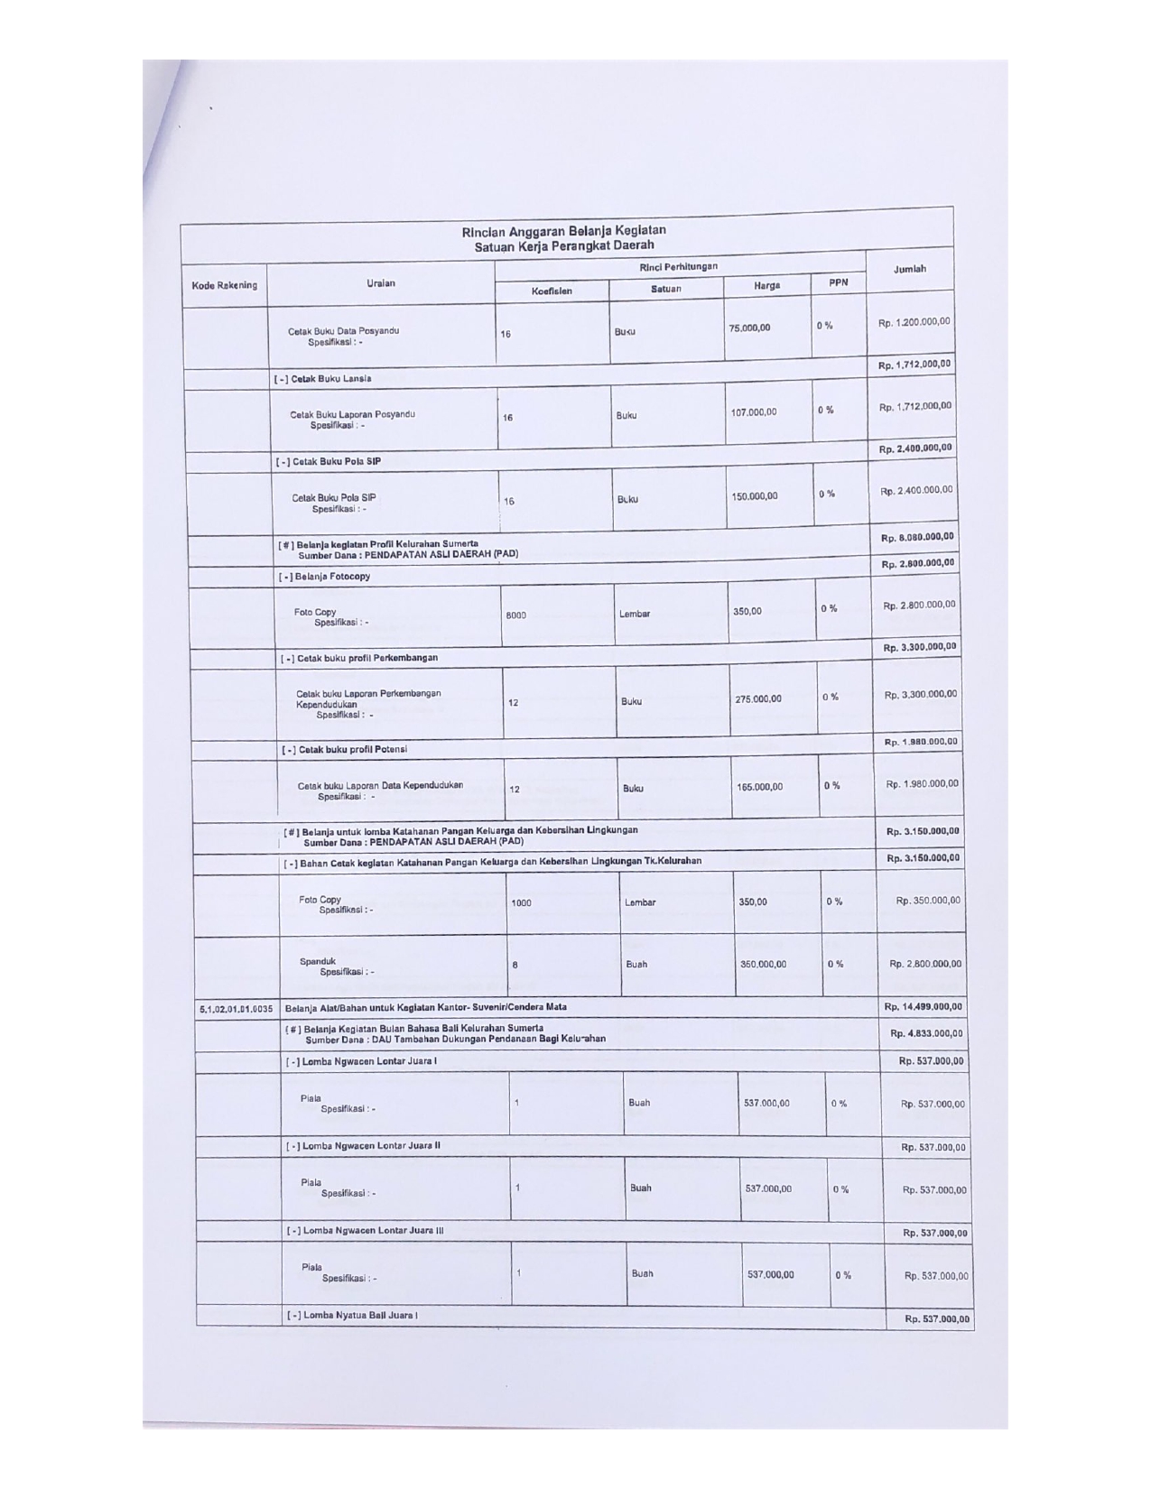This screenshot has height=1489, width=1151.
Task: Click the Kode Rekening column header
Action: pos(224,285)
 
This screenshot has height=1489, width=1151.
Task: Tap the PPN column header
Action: pos(838,282)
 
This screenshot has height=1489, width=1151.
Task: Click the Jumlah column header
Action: pos(909,269)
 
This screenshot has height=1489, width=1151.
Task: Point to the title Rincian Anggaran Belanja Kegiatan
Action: pos(564,231)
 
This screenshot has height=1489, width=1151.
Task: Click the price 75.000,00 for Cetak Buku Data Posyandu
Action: pos(749,328)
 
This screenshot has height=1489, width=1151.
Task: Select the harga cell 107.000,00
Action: pos(753,412)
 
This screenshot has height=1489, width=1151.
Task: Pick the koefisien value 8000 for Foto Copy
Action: pos(515,615)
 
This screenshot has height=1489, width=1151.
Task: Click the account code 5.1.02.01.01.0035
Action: pos(235,1007)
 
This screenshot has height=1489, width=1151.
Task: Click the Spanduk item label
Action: pos(318,961)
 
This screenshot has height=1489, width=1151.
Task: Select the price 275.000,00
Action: pos(758,699)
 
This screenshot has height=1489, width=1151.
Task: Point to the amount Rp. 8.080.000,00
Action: pos(917,538)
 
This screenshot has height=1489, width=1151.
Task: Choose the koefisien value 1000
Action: pos(521,902)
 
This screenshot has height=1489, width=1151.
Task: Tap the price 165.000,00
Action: pos(759,787)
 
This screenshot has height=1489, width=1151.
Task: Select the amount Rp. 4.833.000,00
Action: pos(926,1033)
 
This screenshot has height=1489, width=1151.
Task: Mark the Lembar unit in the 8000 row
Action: pos(635,614)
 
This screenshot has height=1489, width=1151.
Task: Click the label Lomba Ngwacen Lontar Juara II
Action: pos(363,1146)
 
